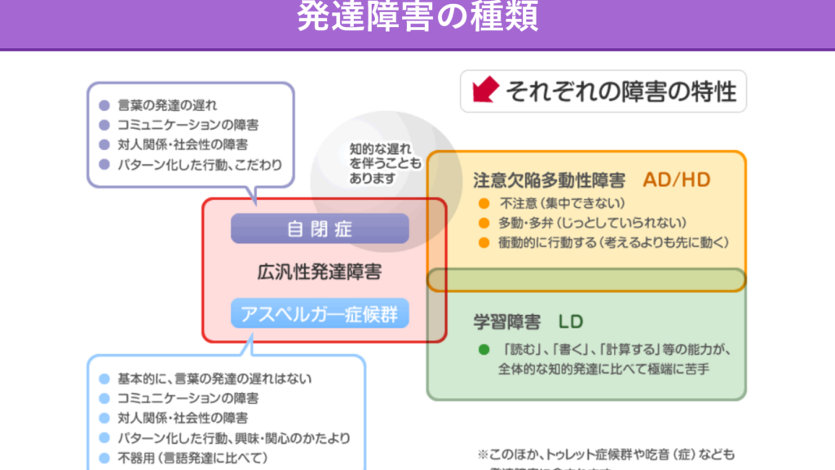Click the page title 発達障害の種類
(x=417, y=18)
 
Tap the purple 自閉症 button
(x=319, y=228)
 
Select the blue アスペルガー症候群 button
(x=319, y=314)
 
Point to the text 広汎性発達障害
(x=319, y=272)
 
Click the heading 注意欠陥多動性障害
(x=549, y=180)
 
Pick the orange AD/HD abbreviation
(x=676, y=180)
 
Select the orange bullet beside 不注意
(x=484, y=203)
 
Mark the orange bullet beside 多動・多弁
(x=484, y=223)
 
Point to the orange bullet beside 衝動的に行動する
(x=484, y=242)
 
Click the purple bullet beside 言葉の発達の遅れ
(x=104, y=106)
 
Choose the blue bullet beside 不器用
(x=104, y=457)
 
